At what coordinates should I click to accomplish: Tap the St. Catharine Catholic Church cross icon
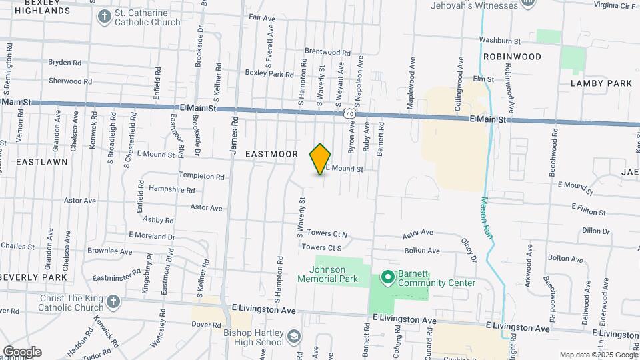[x=105, y=17]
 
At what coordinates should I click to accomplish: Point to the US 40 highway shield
[x=350, y=115]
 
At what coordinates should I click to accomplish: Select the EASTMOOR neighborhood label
[x=271, y=154]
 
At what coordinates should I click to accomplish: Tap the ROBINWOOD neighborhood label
[x=512, y=57]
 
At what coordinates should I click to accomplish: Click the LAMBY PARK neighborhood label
[x=601, y=83]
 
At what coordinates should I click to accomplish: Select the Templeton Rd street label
[x=201, y=176]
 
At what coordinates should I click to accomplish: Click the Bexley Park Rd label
[x=269, y=73]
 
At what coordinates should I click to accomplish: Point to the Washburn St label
[x=499, y=41]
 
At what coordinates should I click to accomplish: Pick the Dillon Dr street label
[x=596, y=231]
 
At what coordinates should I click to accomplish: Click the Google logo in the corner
[x=22, y=352]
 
